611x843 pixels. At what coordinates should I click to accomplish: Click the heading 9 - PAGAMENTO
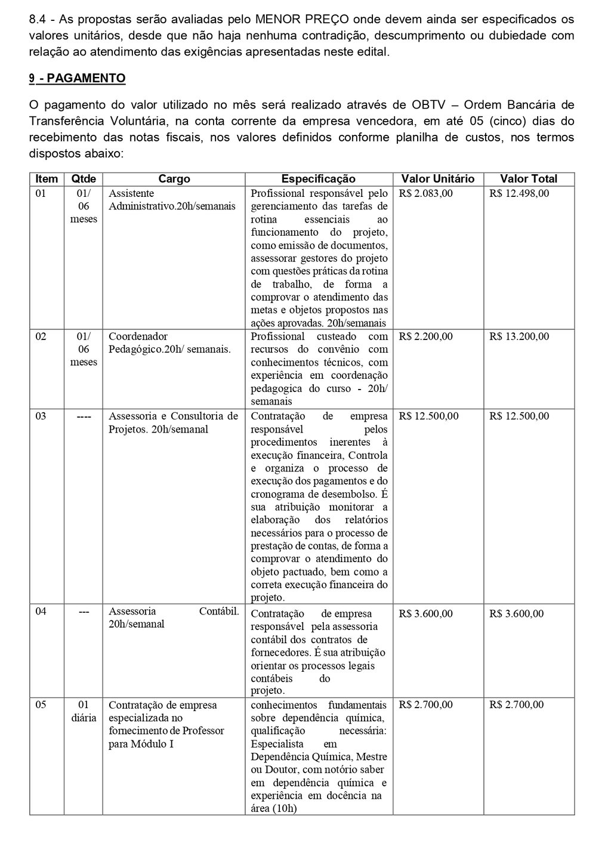(x=77, y=78)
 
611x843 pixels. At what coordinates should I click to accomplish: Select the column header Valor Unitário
(x=437, y=178)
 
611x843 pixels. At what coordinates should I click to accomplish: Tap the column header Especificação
(x=318, y=178)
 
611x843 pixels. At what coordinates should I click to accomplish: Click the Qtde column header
(x=83, y=178)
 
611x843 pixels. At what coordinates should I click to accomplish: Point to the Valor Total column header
(x=529, y=178)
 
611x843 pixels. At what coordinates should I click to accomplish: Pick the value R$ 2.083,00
(x=426, y=193)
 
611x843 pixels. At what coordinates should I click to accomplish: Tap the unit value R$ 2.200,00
(x=426, y=336)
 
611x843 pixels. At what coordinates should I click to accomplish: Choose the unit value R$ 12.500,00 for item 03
(x=428, y=416)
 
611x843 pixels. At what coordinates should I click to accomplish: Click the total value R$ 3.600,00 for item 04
(x=517, y=613)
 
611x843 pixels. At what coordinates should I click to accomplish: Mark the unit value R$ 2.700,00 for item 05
(x=426, y=705)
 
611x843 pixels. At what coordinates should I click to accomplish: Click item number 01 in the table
(x=41, y=193)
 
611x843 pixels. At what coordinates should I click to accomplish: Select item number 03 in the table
(x=41, y=416)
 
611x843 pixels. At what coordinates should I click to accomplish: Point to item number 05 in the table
(x=41, y=705)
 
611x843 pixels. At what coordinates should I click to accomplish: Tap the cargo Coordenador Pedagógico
(x=169, y=342)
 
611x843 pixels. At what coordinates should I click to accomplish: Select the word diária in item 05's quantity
(x=84, y=718)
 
